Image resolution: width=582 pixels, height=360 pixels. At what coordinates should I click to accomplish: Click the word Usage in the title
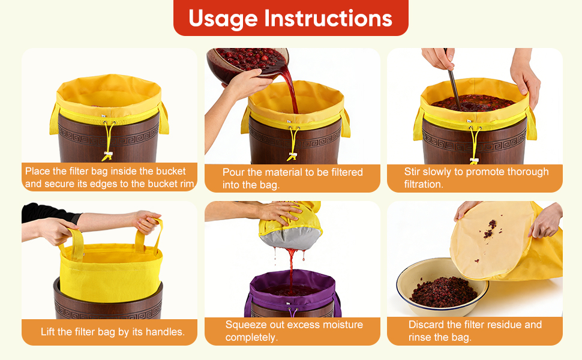click(x=223, y=19)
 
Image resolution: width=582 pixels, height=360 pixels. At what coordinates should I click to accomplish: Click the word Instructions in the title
click(x=328, y=18)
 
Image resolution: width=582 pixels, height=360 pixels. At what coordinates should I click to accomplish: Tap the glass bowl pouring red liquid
click(x=247, y=64)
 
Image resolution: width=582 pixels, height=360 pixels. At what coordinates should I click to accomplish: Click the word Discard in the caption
click(x=427, y=325)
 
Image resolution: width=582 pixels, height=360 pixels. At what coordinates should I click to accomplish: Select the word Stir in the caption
click(x=412, y=172)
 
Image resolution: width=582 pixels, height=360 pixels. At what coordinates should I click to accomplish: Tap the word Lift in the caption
click(x=47, y=331)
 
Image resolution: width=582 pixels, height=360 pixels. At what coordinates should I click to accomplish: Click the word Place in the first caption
click(x=38, y=171)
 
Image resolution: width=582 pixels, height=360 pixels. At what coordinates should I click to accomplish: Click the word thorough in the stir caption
click(x=528, y=172)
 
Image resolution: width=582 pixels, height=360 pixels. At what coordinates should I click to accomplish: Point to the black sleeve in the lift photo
click(x=47, y=212)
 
